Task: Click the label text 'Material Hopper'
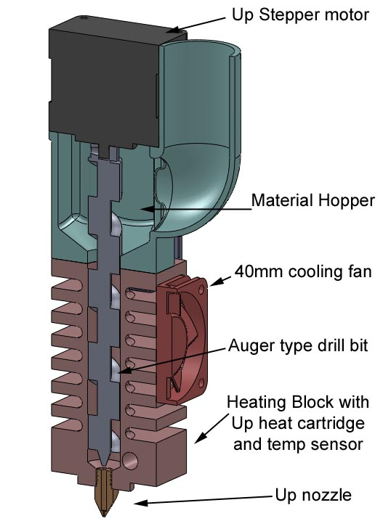coord(313,201)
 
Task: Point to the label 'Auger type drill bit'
coord(298,345)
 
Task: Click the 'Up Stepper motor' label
coord(300,15)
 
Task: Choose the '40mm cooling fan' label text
coord(303,271)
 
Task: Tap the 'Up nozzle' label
coord(313,495)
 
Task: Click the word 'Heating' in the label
coord(257,403)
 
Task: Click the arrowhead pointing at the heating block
coord(198,438)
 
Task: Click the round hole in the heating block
coord(130,461)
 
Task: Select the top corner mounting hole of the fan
coord(201,290)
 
